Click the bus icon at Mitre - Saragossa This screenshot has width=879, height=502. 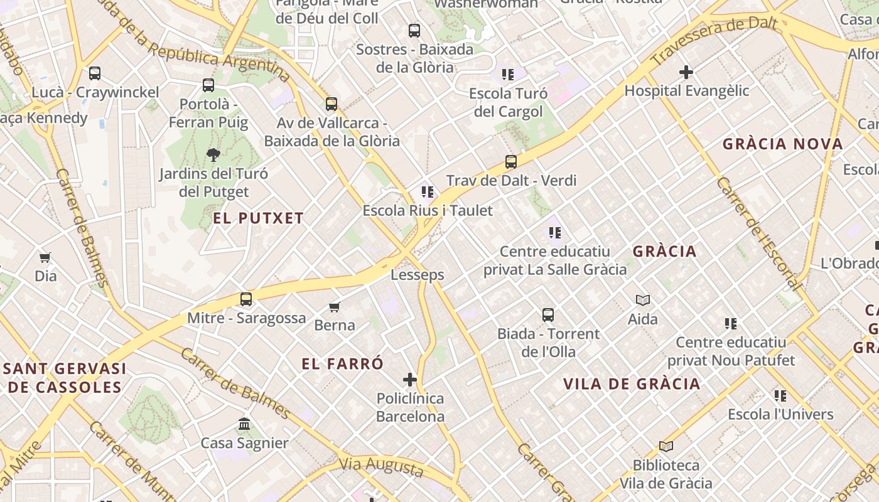click(x=246, y=299)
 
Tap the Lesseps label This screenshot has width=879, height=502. click(x=417, y=275)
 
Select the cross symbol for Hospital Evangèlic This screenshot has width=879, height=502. click(x=686, y=72)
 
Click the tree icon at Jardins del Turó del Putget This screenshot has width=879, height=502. click(x=213, y=154)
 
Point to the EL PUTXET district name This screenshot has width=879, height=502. click(x=258, y=218)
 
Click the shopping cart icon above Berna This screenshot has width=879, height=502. click(x=335, y=307)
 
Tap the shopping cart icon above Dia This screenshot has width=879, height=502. click(x=45, y=257)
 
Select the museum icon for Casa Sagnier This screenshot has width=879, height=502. click(x=245, y=424)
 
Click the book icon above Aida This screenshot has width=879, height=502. click(x=643, y=300)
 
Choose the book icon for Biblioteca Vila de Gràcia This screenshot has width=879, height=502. click(x=666, y=446)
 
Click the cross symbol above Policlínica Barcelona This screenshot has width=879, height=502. click(x=410, y=380)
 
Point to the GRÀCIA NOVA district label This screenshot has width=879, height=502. click(x=782, y=144)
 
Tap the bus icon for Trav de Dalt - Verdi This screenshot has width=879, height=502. click(x=511, y=162)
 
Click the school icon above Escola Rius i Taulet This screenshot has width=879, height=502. click(x=428, y=191)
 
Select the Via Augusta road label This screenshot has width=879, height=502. click(x=381, y=466)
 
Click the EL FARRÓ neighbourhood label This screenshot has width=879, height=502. click(x=342, y=364)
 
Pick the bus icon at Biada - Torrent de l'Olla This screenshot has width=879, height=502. click(x=548, y=315)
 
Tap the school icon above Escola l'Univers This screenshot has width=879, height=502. click(x=780, y=395)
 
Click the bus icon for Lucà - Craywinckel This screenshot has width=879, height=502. click(x=95, y=73)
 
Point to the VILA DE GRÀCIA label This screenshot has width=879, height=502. click(x=631, y=384)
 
